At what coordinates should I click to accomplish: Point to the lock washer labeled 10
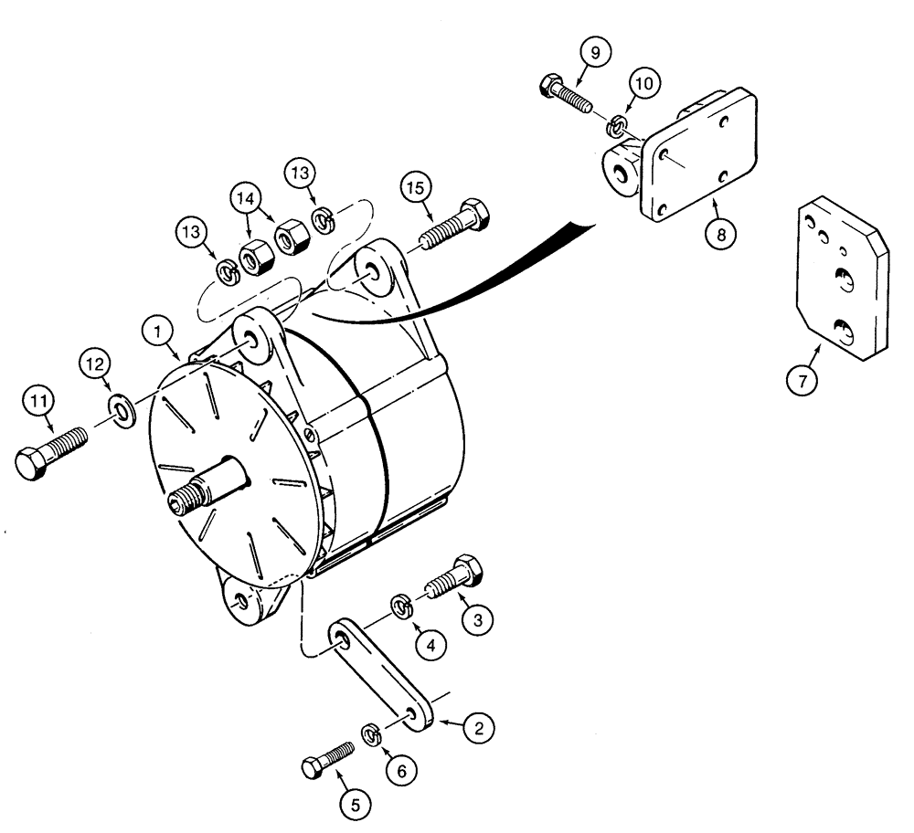tap(620, 124)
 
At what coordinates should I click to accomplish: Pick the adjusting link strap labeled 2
tap(377, 672)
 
